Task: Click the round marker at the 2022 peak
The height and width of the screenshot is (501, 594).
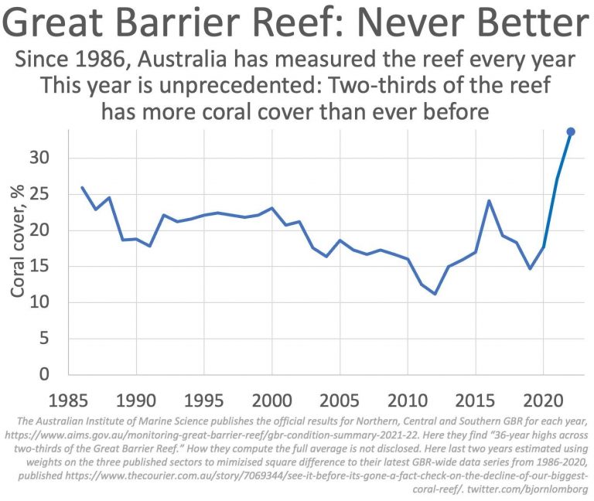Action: tap(571, 131)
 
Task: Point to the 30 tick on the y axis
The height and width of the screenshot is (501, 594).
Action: tap(48, 158)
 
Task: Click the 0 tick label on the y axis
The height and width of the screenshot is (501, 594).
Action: tap(53, 375)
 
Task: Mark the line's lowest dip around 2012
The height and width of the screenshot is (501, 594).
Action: tap(435, 294)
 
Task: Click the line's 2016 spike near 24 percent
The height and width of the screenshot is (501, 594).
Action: tap(490, 200)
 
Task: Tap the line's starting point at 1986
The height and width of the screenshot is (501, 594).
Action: tap(82, 187)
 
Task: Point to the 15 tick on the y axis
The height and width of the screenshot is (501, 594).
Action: tap(48, 267)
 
